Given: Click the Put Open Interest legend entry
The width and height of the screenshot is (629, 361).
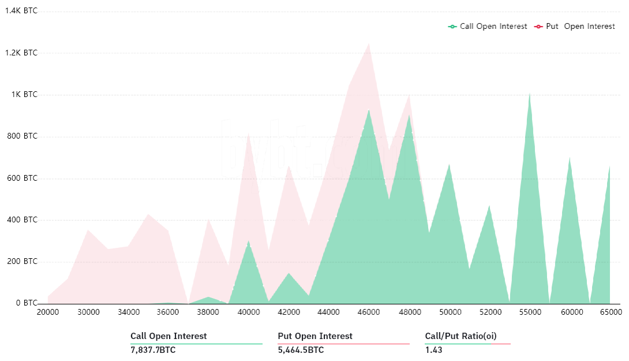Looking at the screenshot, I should (x=575, y=27).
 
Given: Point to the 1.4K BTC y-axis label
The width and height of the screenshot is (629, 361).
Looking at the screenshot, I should (x=21, y=11).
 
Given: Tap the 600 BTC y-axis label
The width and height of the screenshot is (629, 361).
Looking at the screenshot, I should (x=23, y=178).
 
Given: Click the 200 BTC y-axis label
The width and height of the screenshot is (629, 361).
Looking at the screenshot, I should (x=23, y=262).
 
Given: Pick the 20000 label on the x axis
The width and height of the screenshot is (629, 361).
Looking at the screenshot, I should (x=48, y=312).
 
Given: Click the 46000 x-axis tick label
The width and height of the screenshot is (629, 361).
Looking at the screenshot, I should (x=369, y=312).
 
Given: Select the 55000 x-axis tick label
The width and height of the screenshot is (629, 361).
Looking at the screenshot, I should (x=530, y=312).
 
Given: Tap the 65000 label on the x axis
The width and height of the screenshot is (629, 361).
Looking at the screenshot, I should (x=611, y=312).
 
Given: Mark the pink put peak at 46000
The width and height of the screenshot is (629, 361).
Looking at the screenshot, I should (x=369, y=43).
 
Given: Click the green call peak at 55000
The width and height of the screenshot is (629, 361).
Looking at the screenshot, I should (x=529, y=94).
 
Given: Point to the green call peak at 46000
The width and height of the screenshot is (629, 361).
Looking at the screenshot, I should (x=369, y=110).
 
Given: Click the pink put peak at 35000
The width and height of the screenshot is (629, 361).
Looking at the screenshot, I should (x=148, y=214).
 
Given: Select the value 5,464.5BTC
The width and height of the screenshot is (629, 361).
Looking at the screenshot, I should (x=301, y=350).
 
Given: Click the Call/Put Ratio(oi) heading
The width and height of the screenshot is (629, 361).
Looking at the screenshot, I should (x=460, y=336).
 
